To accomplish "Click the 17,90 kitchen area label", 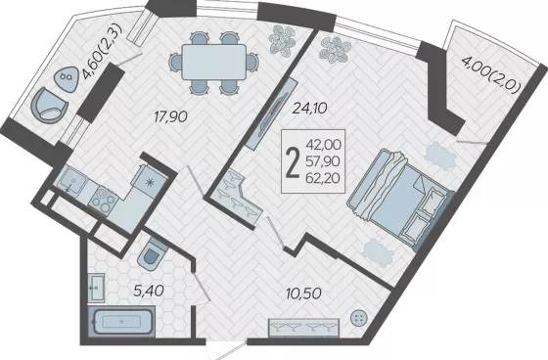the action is click(x=171, y=116).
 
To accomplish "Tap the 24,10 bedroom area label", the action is click(x=309, y=109).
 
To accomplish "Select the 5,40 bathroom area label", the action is click(x=149, y=291).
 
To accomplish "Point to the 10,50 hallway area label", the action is click(x=303, y=293).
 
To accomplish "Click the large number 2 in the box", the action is click(x=293, y=161).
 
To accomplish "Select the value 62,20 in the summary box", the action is click(x=323, y=179).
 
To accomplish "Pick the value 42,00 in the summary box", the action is click(x=323, y=144).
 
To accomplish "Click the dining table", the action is click(x=214, y=62).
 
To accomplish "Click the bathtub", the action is click(x=121, y=321).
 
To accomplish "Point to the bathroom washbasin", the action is click(x=96, y=288).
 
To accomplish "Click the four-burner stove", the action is click(x=104, y=201).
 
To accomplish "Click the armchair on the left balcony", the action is click(x=49, y=106).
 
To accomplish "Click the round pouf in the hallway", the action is click(x=359, y=318).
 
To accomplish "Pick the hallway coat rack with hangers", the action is click(x=303, y=328).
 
